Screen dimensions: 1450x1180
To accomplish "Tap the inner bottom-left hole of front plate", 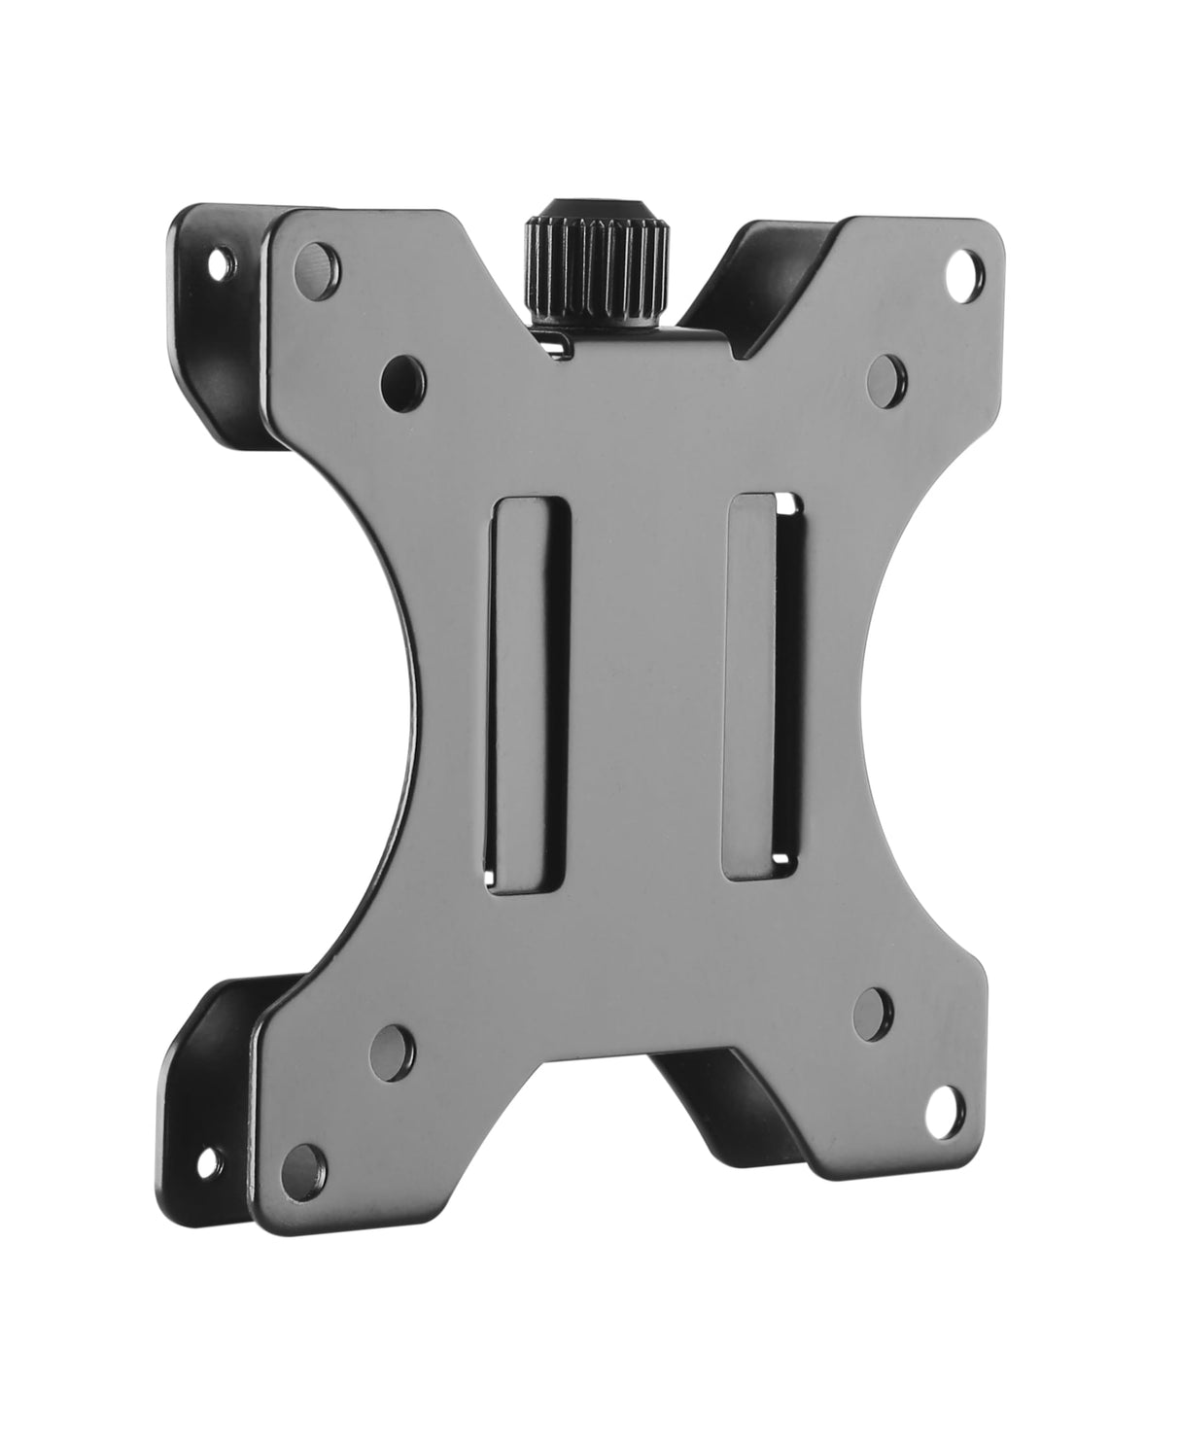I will pyautogui.click(x=393, y=1045).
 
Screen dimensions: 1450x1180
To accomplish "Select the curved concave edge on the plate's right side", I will pyautogui.click(x=880, y=680).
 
